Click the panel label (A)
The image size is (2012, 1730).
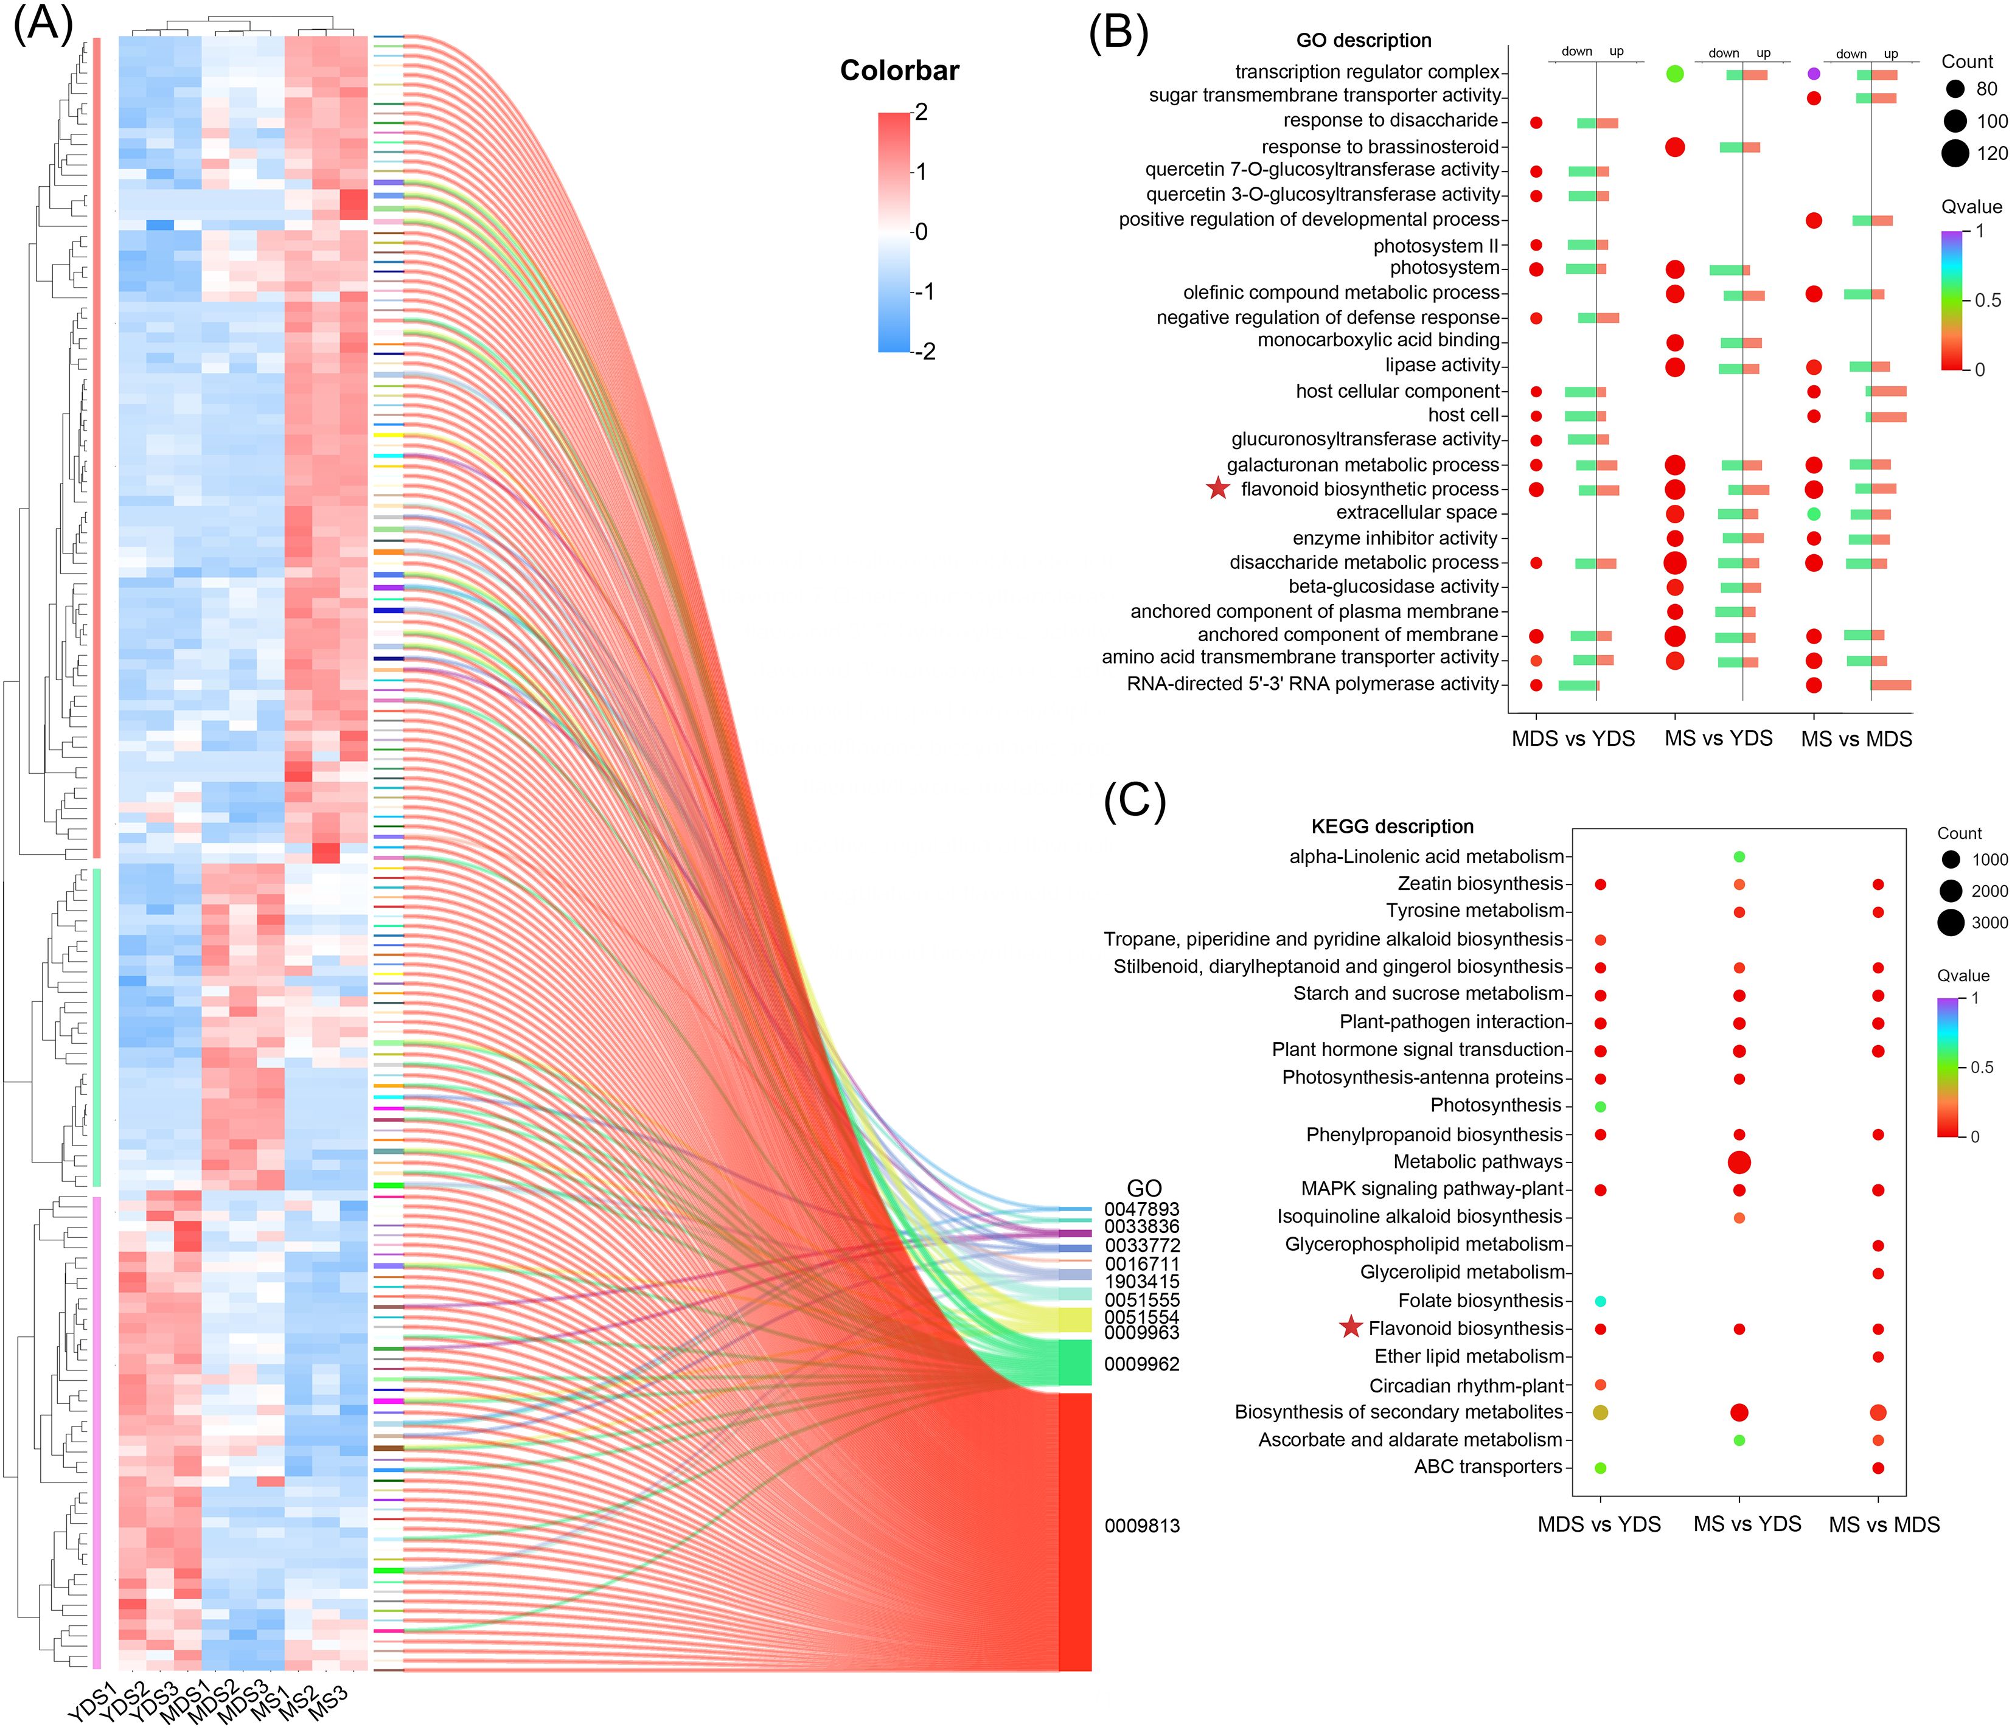pos(44,23)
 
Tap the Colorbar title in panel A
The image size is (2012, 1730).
pos(899,71)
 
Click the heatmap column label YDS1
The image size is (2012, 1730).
pos(92,1701)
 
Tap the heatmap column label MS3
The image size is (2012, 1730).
pos(328,1701)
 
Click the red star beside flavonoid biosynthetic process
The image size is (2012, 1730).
pos(1217,488)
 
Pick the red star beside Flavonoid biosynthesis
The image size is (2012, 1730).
pos(1351,1327)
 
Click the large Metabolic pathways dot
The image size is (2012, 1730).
pos(1739,1162)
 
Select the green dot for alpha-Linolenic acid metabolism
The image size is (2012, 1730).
pos(1739,857)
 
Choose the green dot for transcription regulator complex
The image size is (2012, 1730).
pos(1674,74)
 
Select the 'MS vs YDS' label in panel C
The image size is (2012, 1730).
pos(1747,1524)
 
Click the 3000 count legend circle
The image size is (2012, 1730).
pos(1951,922)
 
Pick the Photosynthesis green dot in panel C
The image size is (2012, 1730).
pos(1600,1106)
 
